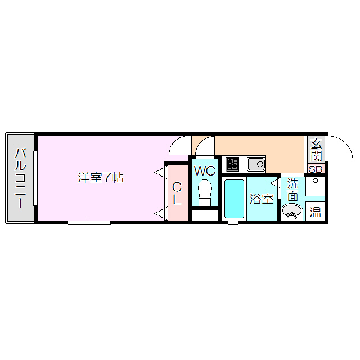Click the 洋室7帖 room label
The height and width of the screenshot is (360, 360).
click(101, 178)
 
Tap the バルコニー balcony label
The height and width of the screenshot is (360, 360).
click(21, 178)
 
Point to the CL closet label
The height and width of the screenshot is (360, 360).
click(177, 193)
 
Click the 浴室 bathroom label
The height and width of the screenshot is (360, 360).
click(262, 199)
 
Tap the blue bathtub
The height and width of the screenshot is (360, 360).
click(234, 198)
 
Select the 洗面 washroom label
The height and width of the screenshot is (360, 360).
click(293, 189)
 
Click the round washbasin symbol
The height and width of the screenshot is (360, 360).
click(291, 211)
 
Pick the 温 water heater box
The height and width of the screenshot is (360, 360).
click(316, 213)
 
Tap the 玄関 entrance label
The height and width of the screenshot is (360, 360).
click(316, 150)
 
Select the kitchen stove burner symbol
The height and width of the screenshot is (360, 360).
click(232, 164)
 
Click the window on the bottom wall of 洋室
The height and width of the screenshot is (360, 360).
click(89, 223)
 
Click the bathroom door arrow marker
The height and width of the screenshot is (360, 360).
click(274, 182)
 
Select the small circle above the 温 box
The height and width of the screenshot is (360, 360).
click(315, 181)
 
